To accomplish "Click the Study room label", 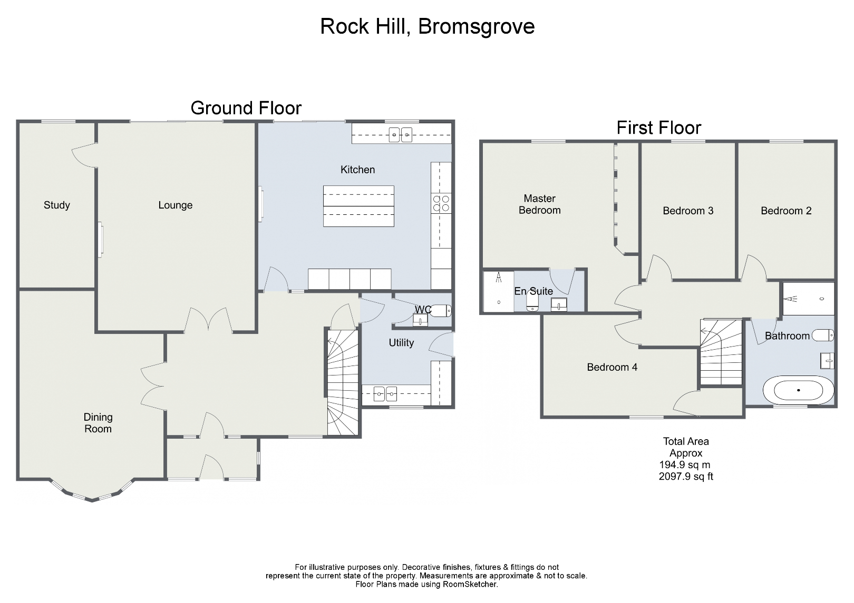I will coord(56,205).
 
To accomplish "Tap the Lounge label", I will coord(175,205).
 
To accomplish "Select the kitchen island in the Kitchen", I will coord(358,206).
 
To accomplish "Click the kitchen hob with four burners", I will coord(441,203).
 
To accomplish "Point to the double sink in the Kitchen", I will coord(401,135).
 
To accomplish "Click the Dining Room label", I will coord(98,423).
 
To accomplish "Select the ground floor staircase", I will coord(343,382).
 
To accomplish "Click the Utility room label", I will coord(401,343).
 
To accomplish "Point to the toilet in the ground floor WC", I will coord(441,310).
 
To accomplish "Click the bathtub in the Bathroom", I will coord(798,390).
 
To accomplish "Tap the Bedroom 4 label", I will coord(612,367).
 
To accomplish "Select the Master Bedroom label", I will coord(539,204).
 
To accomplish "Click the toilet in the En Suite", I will coord(532,302).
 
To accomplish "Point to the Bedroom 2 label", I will coord(786,211).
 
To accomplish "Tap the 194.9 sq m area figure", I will coord(684,465).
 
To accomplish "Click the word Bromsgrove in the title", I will coord(476,26).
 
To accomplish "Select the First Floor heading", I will coord(658,127).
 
